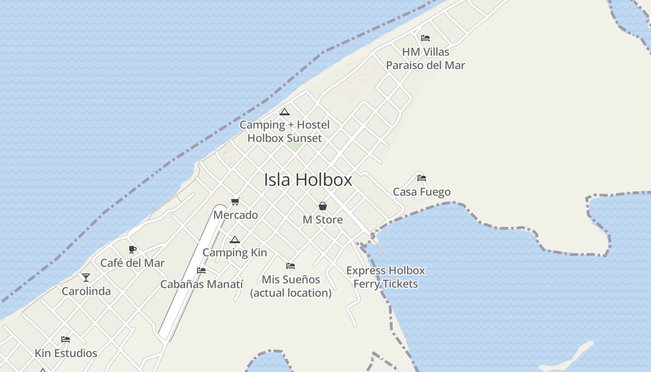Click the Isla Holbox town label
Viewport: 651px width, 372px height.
click(308, 180)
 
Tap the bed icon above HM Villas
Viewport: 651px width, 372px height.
click(425, 38)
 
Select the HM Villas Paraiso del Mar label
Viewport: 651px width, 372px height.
click(425, 59)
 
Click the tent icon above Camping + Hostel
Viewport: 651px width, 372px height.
click(284, 112)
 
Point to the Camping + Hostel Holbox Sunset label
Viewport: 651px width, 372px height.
click(285, 132)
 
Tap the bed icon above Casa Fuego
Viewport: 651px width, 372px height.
click(421, 178)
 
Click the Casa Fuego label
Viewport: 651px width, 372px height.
click(421, 192)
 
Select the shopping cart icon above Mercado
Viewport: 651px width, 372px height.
click(235, 201)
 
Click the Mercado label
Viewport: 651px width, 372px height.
click(235, 215)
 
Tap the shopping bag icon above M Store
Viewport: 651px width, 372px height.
click(322, 206)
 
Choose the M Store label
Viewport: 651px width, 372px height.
click(323, 220)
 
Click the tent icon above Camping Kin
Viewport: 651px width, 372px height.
click(234, 239)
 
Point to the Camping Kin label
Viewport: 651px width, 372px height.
click(234, 253)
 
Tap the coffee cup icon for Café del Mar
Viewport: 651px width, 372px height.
click(133, 249)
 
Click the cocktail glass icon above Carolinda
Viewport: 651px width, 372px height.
click(86, 278)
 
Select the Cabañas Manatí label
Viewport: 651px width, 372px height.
click(202, 284)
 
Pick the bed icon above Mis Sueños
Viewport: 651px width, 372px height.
click(291, 266)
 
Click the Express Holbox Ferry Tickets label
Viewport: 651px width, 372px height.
click(385, 277)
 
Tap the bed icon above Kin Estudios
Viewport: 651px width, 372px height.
click(66, 339)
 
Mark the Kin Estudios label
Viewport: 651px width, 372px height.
click(66, 353)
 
